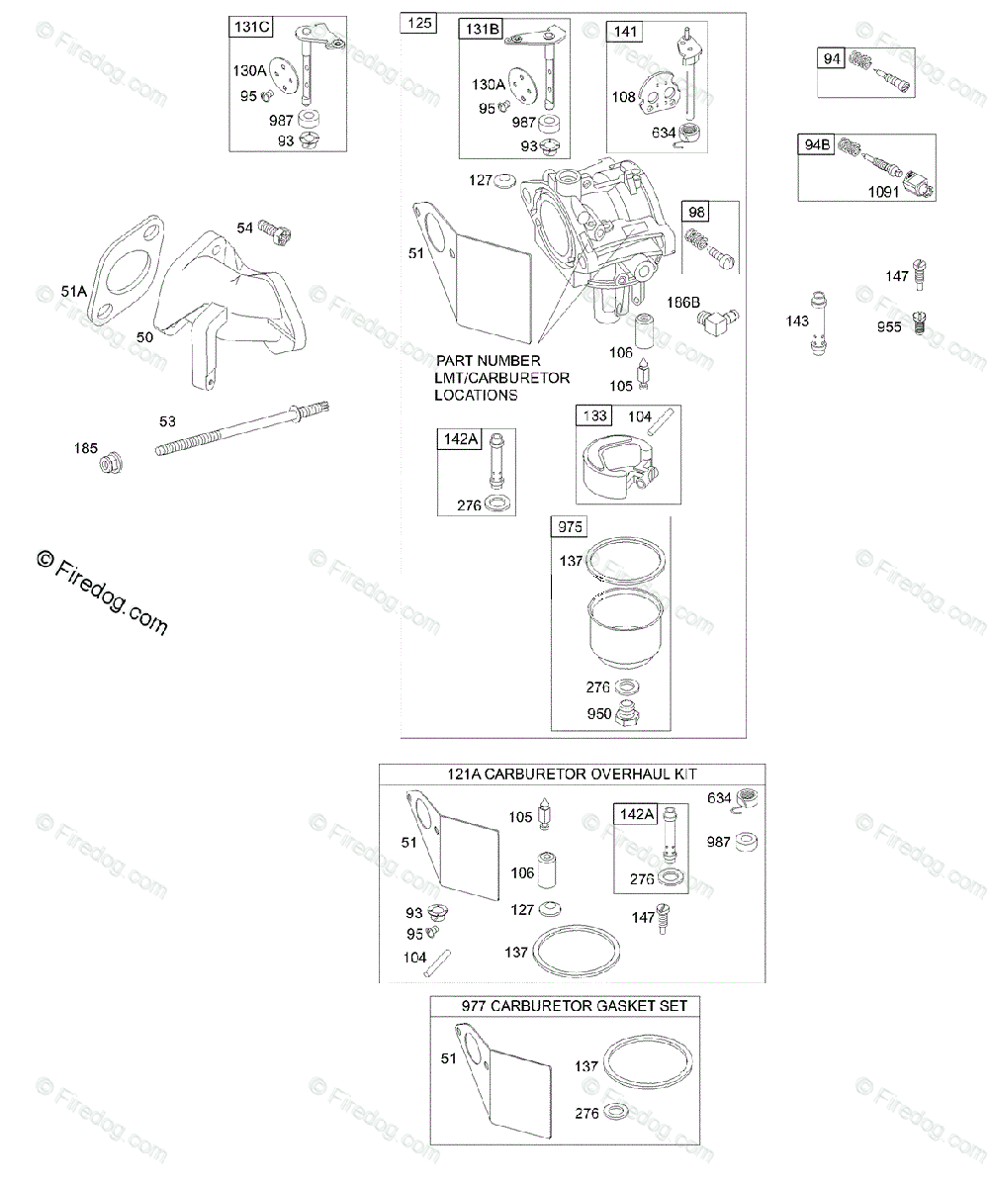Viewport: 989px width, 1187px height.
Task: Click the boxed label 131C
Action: click(x=250, y=27)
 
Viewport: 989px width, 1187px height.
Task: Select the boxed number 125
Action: click(x=419, y=24)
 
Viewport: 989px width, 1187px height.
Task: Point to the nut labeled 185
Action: click(x=111, y=463)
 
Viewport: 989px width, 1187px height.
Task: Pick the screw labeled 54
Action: click(x=275, y=231)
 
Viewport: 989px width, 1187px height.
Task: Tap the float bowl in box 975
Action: click(x=625, y=628)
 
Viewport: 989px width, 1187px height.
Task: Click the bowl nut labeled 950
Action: click(x=626, y=713)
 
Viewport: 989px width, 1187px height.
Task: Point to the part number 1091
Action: click(x=883, y=192)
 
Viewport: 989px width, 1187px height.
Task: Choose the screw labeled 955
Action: click(x=919, y=322)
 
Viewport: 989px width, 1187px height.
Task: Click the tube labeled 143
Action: click(x=819, y=324)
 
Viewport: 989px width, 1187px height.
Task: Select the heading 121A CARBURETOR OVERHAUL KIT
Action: click(x=572, y=774)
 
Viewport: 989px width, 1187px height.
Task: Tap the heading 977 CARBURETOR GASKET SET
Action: click(x=574, y=1006)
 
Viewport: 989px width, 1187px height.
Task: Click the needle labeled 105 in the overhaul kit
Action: click(x=545, y=813)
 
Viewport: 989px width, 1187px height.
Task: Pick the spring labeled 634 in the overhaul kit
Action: click(x=747, y=798)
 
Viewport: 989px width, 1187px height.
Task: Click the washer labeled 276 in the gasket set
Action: click(x=616, y=1112)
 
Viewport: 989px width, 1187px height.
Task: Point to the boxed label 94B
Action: click(x=816, y=145)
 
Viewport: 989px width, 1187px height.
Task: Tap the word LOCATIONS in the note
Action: click(x=476, y=395)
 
